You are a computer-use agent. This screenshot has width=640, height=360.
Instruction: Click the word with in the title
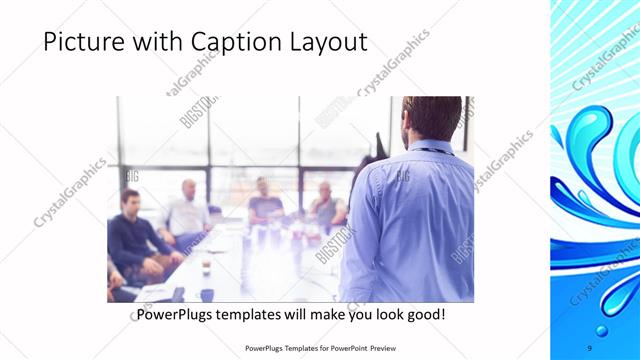point(159,43)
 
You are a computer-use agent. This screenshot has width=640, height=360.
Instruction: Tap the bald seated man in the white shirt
point(187,210)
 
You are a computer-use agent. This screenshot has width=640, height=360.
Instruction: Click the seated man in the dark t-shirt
point(264,200)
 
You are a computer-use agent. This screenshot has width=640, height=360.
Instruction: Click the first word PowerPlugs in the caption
point(179,315)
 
